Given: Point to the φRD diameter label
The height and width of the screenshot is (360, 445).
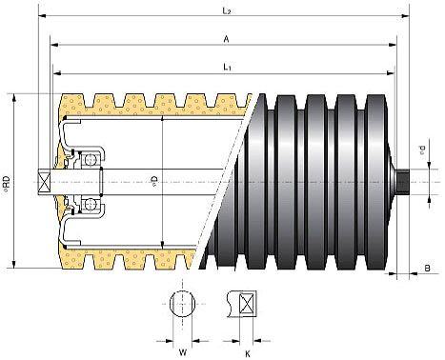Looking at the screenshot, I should [x=7, y=181].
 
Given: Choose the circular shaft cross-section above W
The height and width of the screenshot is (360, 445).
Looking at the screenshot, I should [x=184, y=307].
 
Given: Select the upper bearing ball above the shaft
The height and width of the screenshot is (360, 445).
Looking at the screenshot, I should [x=90, y=160].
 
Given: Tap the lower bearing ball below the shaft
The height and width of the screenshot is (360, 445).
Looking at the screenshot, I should [x=90, y=203].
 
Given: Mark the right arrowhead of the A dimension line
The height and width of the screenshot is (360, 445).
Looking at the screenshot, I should [x=394, y=44].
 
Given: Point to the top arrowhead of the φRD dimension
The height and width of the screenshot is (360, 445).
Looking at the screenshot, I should [x=14, y=96].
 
